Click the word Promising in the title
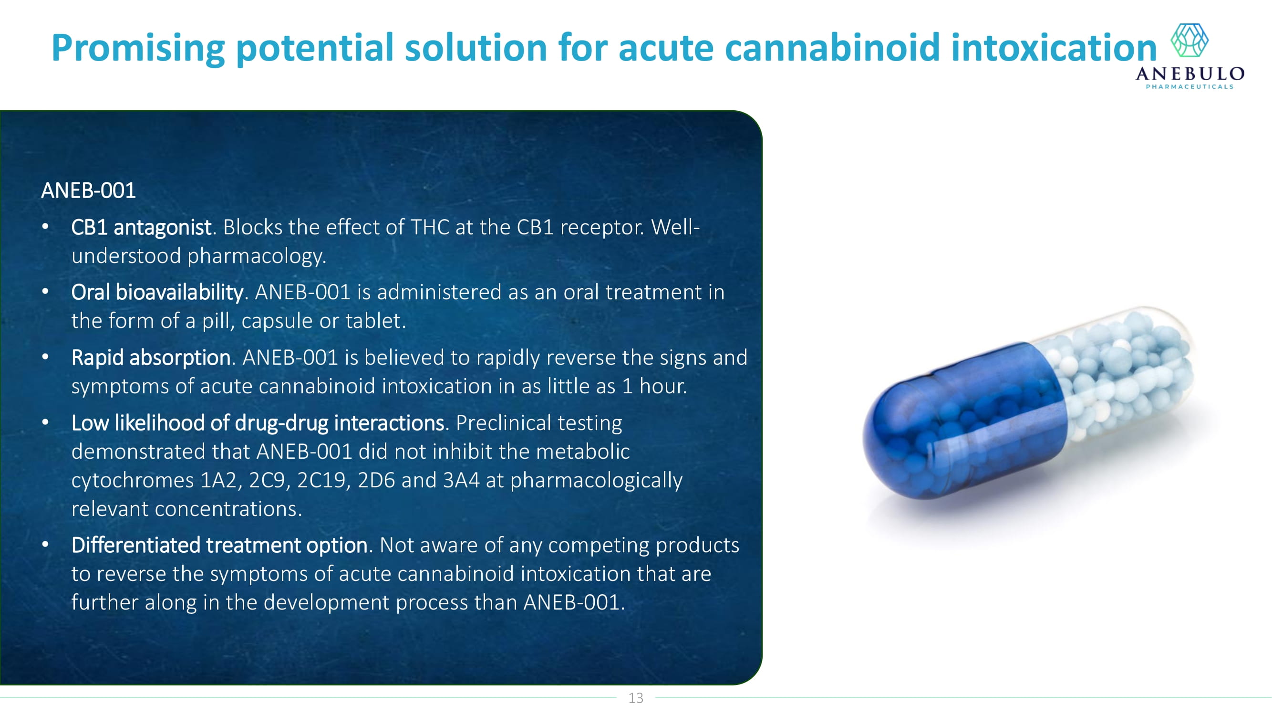tap(138, 48)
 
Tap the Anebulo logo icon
tap(1189, 40)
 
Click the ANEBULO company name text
tap(1189, 74)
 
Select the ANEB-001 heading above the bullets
tap(88, 191)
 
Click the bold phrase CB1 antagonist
tap(141, 227)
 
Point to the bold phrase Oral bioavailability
tap(157, 293)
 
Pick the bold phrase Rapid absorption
tap(151, 358)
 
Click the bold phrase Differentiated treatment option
tap(219, 546)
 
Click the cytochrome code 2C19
tap(323, 480)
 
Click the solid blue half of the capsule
tap(963, 425)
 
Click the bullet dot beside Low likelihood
tap(45, 423)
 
